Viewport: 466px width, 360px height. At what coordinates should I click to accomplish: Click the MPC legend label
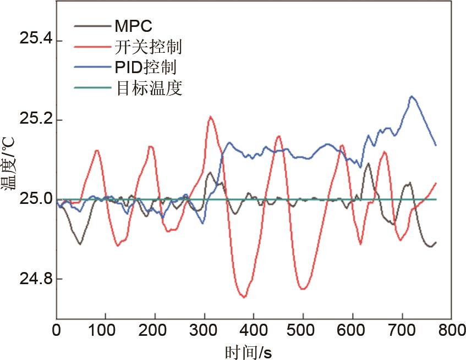[134, 26]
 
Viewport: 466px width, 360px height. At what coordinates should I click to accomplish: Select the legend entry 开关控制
[149, 47]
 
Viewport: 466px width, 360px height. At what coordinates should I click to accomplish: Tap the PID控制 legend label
[146, 68]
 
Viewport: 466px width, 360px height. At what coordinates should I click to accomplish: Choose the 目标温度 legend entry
[149, 88]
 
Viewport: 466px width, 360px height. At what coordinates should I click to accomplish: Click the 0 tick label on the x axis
[56, 331]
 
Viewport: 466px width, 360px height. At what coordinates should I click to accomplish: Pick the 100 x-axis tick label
[105, 331]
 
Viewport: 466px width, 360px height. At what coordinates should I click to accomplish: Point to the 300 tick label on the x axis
[204, 331]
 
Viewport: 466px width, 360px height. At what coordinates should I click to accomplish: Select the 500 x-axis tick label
[303, 331]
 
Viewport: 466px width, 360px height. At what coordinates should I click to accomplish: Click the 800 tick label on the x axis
[451, 331]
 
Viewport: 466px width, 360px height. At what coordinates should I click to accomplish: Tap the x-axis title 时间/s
[248, 350]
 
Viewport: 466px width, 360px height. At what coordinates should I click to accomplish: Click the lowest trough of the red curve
[243, 297]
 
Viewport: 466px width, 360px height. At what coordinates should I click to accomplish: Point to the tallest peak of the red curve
[210, 117]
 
